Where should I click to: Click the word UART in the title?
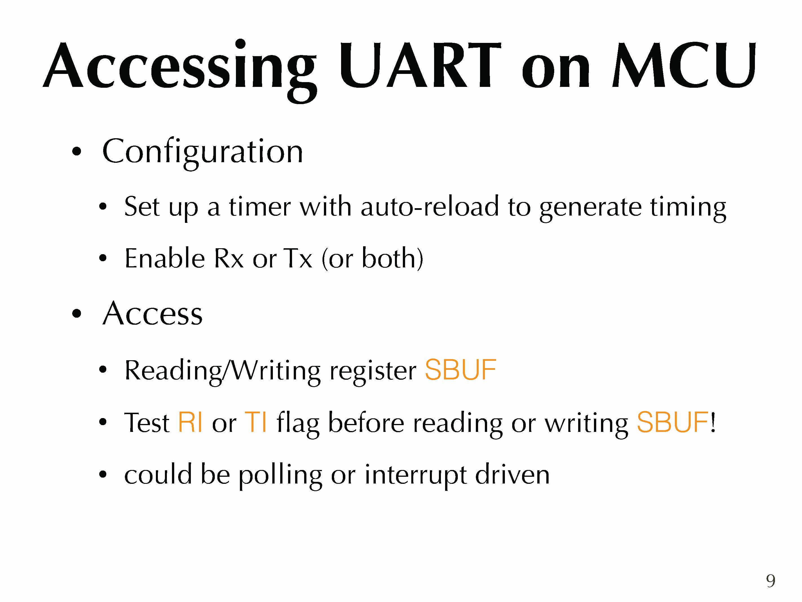(x=420, y=66)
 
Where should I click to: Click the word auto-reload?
(x=430, y=206)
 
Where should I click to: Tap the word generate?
(x=591, y=209)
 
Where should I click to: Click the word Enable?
(x=165, y=258)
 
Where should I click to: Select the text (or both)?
(x=372, y=259)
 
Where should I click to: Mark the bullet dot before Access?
(x=76, y=313)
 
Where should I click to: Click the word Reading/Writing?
(x=222, y=371)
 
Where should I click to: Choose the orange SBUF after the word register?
(x=460, y=370)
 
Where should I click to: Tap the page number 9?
(x=771, y=581)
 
